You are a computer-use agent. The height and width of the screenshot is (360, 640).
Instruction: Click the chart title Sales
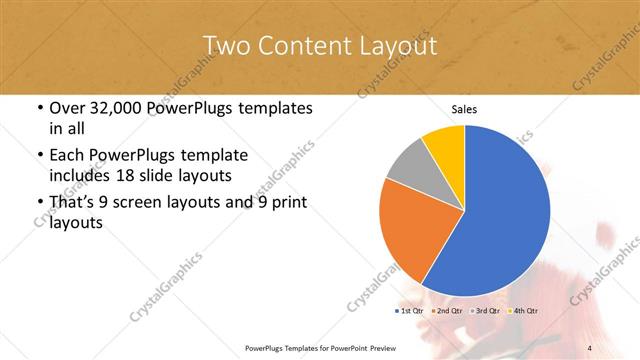464,108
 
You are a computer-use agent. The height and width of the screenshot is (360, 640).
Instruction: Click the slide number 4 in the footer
589,347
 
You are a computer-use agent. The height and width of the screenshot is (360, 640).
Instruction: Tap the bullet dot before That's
39,204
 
